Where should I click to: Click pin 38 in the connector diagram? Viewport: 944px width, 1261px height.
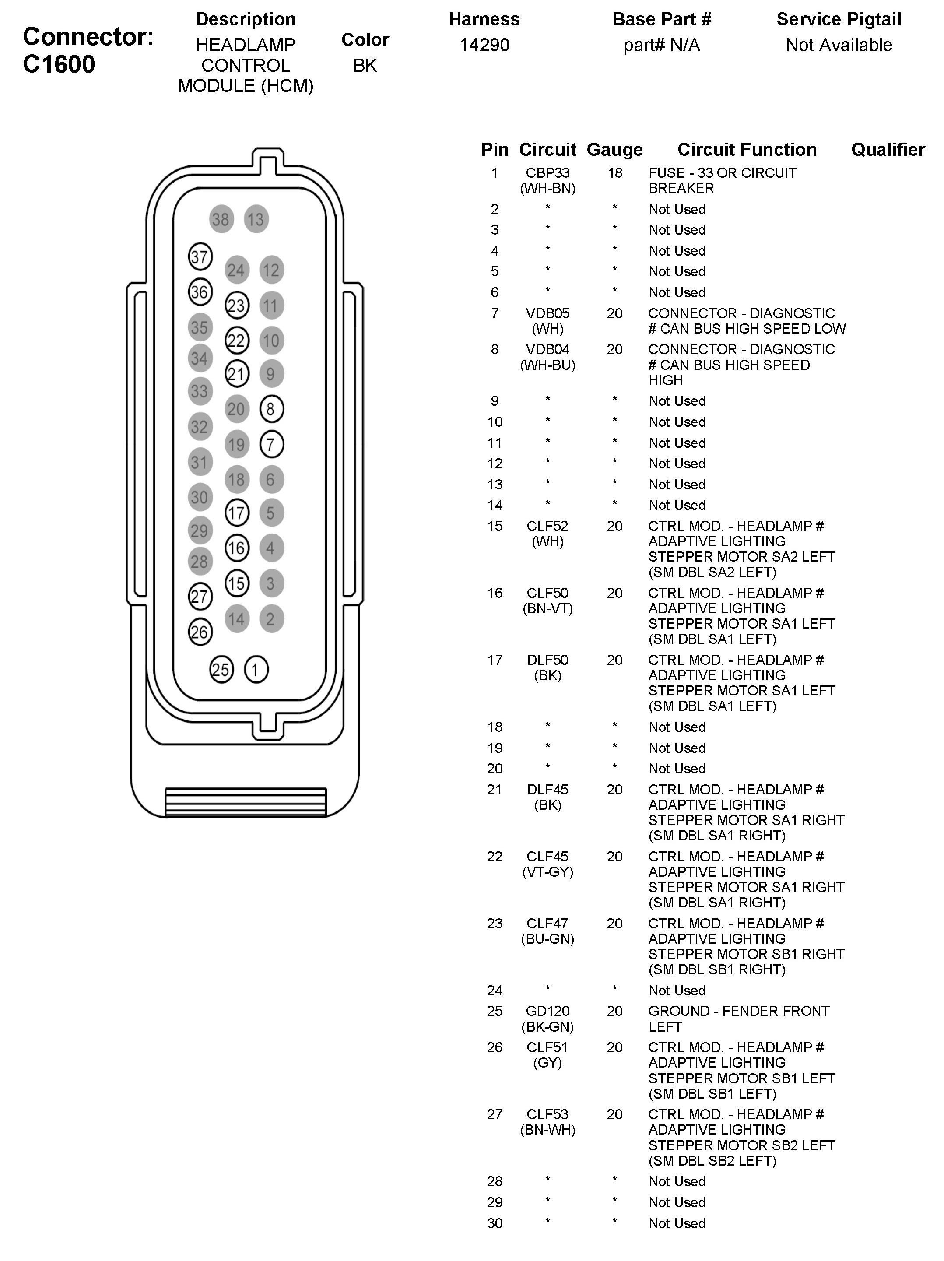pyautogui.click(x=221, y=219)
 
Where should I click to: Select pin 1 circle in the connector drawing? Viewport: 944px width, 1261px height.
pyautogui.click(x=256, y=669)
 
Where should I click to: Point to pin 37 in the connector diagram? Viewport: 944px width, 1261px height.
pyautogui.click(x=200, y=256)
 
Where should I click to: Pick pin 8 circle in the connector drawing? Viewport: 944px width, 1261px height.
pyautogui.click(x=271, y=409)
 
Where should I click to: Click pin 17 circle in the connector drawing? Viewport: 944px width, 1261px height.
pyautogui.click(x=237, y=513)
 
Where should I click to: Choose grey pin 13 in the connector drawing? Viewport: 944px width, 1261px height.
pyautogui.click(x=256, y=219)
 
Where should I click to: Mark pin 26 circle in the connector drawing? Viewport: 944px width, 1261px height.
pyautogui.click(x=200, y=632)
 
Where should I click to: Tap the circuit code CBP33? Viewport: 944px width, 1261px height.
pyautogui.click(x=547, y=173)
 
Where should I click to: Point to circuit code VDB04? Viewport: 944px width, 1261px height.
pyautogui.click(x=547, y=349)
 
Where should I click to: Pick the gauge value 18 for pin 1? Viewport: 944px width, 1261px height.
pyautogui.click(x=614, y=173)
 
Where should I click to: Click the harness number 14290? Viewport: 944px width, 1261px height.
pyautogui.click(x=484, y=45)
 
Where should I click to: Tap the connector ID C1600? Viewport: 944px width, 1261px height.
pyautogui.click(x=59, y=64)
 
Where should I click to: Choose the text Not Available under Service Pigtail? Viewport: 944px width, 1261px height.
pyautogui.click(x=839, y=45)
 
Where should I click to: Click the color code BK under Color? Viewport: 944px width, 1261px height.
pyautogui.click(x=365, y=66)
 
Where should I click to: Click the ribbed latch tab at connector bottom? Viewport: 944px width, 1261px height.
pyautogui.click(x=245, y=802)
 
